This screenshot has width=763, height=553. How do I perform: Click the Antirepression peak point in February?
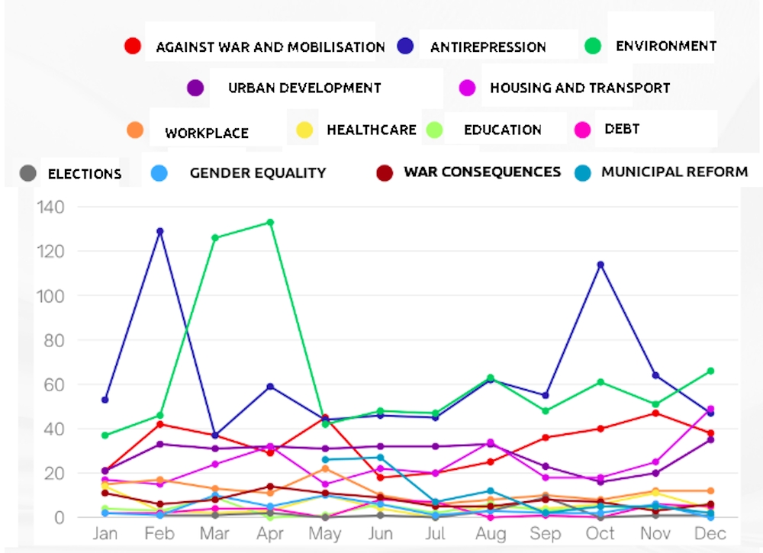click(159, 232)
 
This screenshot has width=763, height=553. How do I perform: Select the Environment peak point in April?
click(270, 223)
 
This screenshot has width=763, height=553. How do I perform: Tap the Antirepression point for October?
click(600, 265)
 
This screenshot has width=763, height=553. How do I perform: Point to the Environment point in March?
click(215, 238)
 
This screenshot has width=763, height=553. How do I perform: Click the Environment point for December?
click(710, 371)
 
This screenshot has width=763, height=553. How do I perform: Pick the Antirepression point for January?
click(105, 400)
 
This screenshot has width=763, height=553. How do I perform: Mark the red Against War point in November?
click(655, 413)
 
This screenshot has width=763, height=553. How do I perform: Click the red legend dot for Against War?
click(132, 47)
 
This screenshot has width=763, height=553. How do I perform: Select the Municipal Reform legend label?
click(674, 172)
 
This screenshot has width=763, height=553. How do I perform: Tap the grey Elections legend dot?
click(27, 173)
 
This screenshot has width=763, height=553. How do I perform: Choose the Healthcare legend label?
click(372, 130)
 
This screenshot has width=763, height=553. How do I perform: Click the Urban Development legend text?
click(304, 88)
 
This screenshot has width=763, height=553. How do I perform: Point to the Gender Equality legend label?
click(258, 173)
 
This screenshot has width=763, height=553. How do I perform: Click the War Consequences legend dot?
click(385, 172)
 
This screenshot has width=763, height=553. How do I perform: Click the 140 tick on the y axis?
click(50, 207)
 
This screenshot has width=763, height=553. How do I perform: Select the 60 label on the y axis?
click(53, 384)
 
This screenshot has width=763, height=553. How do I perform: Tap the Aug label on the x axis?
click(491, 534)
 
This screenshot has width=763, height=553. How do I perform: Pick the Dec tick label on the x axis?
click(710, 533)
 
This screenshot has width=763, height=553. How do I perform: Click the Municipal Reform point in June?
click(381, 458)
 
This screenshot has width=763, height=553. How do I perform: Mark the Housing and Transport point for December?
click(710, 409)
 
